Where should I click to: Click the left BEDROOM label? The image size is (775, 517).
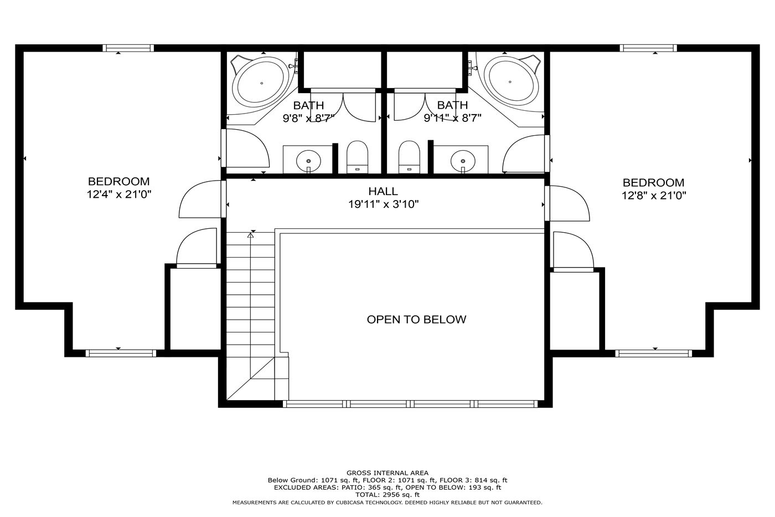click(118, 181)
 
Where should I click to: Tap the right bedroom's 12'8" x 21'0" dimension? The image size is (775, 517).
click(654, 196)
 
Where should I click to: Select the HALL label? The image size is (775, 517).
click(383, 191)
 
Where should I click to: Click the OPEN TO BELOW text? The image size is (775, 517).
click(416, 319)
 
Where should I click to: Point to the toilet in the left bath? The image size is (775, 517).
click(358, 157)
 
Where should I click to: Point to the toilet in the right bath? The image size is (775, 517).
click(409, 157)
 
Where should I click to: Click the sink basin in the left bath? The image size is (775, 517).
click(308, 161)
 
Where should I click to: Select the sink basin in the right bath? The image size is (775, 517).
click(463, 161)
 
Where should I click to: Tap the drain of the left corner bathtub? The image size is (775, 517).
click(261, 83)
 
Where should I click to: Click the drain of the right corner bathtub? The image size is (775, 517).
click(510, 82)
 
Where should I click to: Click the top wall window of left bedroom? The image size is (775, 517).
click(128, 48)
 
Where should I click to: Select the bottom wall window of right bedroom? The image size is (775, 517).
click(654, 353)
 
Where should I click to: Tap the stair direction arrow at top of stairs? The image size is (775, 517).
click(250, 236)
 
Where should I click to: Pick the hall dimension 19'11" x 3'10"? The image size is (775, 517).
click(383, 204)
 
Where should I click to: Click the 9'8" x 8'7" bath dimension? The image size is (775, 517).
click(309, 119)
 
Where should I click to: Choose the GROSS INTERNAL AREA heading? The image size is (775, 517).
click(387, 473)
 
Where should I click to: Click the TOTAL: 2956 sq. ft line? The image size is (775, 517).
click(387, 494)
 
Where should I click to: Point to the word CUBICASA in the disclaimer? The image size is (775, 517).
click(350, 503)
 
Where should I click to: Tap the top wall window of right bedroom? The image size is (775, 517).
click(648, 48)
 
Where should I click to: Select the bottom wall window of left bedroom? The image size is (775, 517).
click(121, 353)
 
